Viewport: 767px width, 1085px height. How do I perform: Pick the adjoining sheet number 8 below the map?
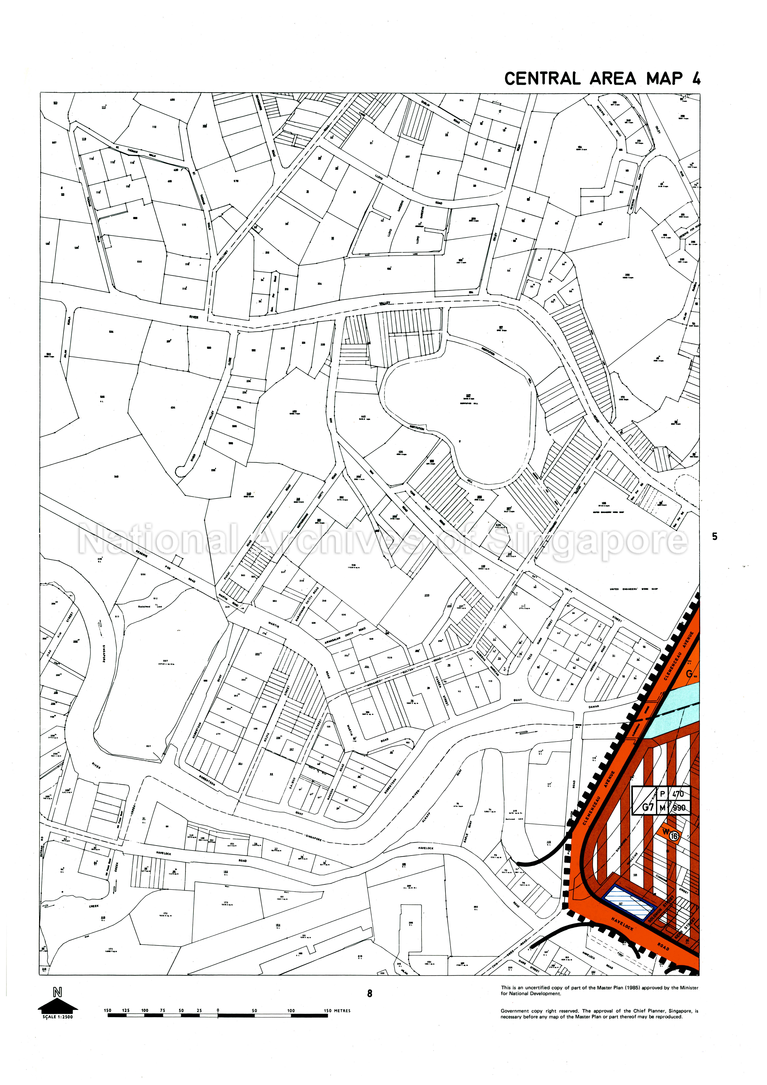[370, 993]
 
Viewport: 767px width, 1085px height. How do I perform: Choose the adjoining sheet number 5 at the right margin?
[715, 536]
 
